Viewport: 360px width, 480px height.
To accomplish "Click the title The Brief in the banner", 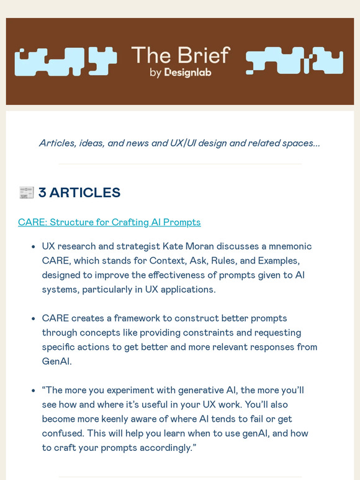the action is (180, 55).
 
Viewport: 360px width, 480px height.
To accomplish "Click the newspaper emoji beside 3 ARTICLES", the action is (26, 193).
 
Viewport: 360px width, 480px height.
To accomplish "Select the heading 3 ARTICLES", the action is (79, 193).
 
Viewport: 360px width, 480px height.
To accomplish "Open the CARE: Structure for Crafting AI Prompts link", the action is (109, 222).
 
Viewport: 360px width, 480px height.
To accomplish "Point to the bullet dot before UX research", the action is (32, 246).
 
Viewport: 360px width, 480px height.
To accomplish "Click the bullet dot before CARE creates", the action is (32, 319).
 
